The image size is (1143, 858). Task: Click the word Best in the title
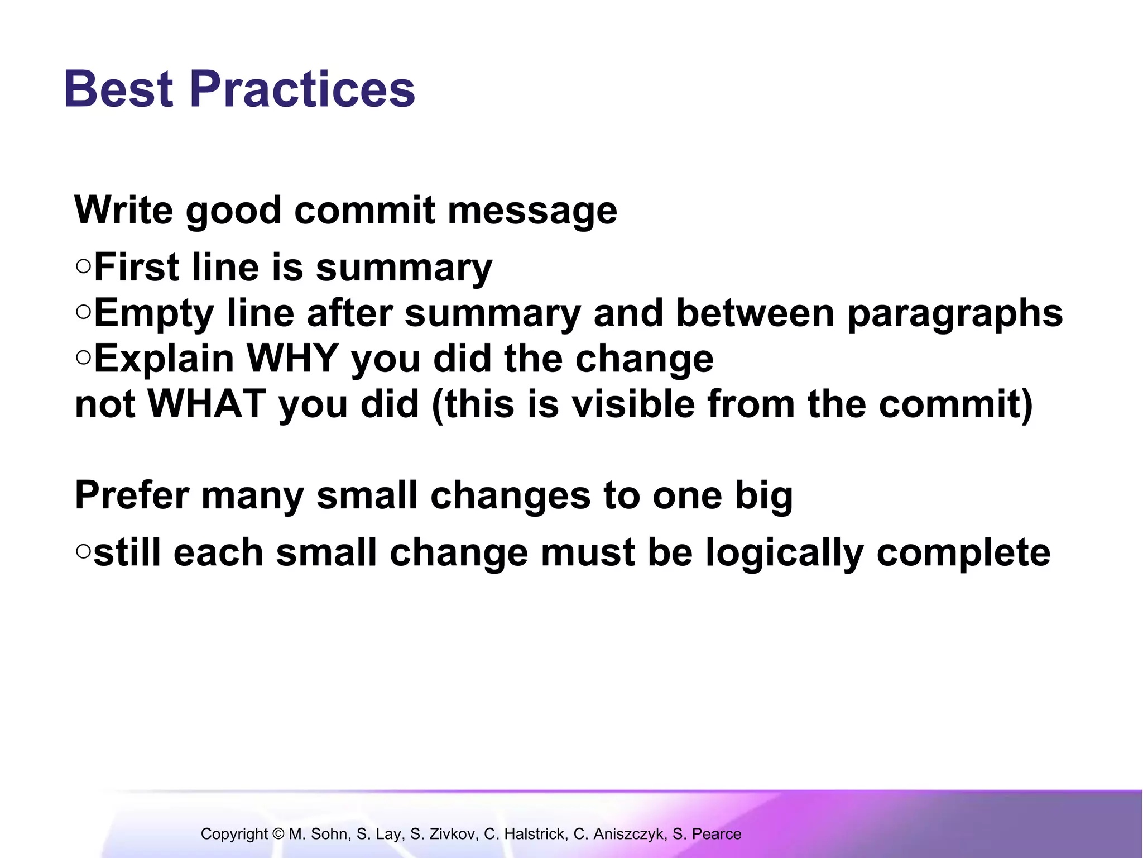[x=118, y=89]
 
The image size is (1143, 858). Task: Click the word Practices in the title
[x=302, y=89]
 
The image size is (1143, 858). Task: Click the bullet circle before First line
[x=83, y=266]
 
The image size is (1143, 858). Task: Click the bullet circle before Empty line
[x=83, y=312]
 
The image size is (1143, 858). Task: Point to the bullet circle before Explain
[x=83, y=357]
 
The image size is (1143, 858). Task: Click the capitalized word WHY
[x=292, y=358]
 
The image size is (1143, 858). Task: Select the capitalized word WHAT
[x=206, y=403]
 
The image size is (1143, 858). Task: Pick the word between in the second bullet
[x=755, y=313]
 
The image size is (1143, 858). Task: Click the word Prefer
[x=132, y=495]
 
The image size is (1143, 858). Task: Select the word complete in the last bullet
[x=964, y=554]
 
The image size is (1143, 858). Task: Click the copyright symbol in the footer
[x=278, y=834]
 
